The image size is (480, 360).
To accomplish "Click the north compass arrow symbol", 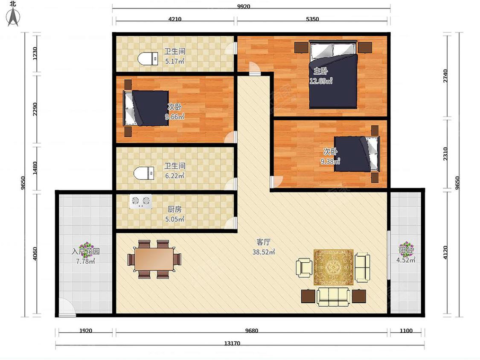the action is coord(13,17).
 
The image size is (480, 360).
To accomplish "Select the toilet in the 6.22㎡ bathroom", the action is coord(144,173).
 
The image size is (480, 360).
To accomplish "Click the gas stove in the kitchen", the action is coord(141,202).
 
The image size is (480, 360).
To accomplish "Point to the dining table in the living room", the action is coord(154,259).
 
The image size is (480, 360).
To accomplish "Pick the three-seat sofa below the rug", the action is coord(333,296).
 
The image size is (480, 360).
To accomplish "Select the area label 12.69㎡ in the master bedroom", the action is coord(321,81).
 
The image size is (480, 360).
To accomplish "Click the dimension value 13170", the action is coord(232,343).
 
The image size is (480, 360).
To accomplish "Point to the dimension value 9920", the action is coord(244,6).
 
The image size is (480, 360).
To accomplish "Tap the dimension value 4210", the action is coord(175,19).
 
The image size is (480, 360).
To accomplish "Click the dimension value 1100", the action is coord(406,331).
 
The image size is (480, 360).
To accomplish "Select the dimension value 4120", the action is coord(445,253).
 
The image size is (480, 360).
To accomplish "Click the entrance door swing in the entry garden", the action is coord(67,307).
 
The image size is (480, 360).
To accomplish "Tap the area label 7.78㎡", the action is coord(85,261).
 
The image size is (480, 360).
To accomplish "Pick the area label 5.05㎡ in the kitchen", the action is coord(175,219).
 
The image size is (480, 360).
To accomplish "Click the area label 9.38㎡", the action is coord(330,161).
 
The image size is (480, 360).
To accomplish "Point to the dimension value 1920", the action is coord(86,331).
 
